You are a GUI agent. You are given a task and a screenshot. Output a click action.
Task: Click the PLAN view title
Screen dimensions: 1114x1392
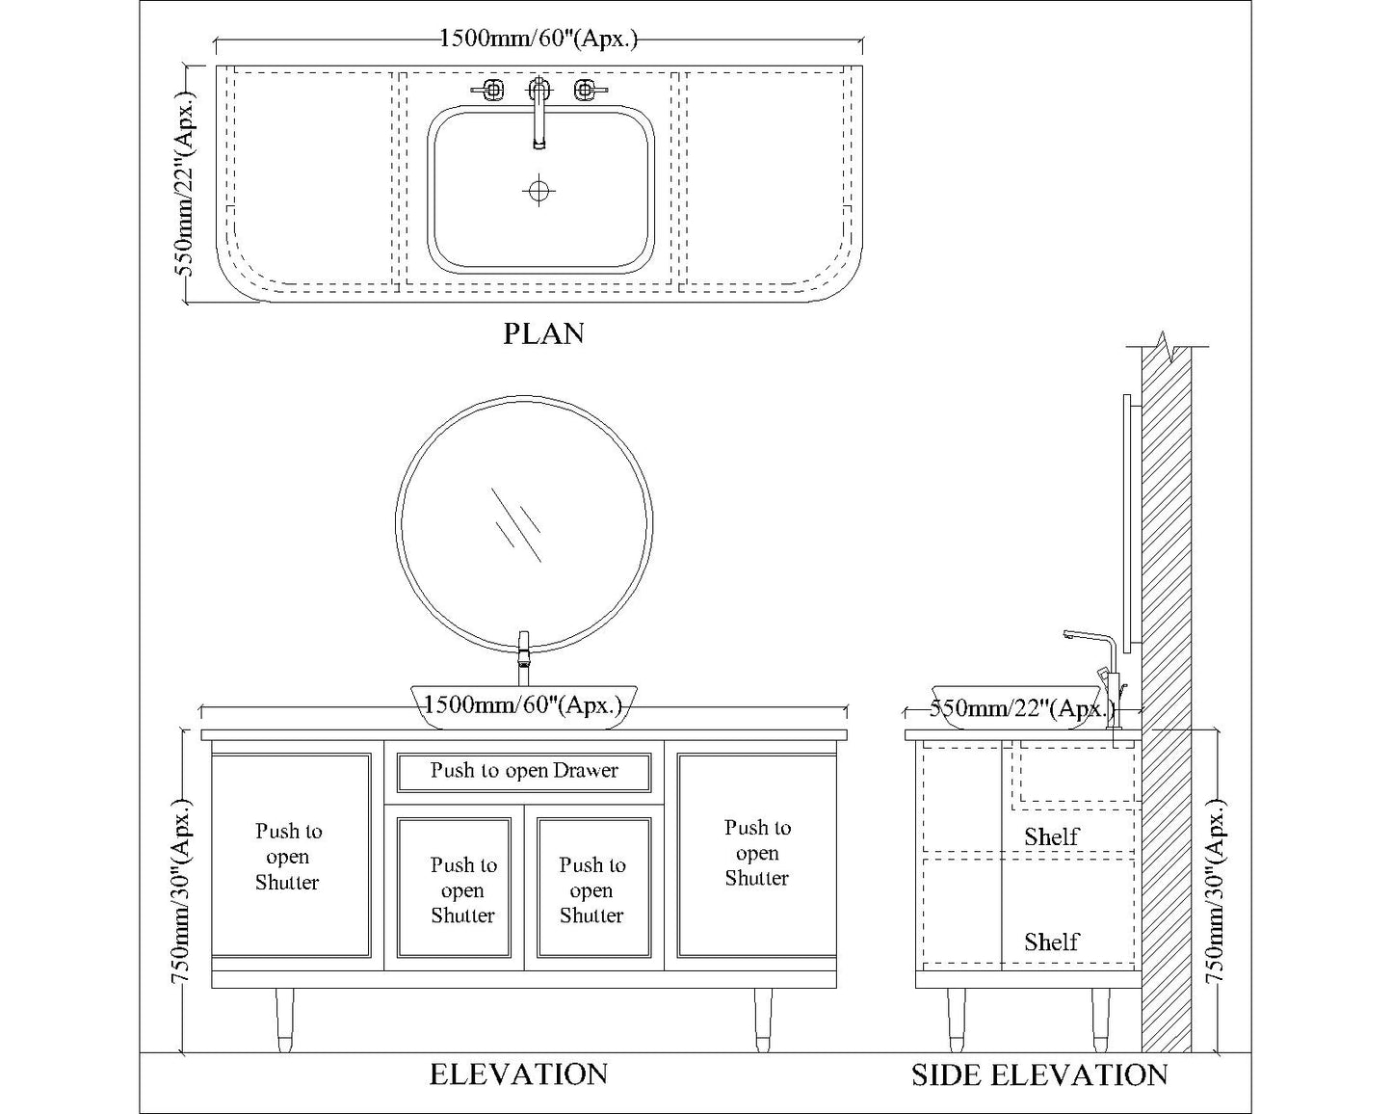(x=543, y=333)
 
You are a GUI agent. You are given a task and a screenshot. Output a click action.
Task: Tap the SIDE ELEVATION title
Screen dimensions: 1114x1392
(x=1039, y=1074)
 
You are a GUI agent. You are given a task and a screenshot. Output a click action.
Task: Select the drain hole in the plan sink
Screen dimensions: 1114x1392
(x=538, y=190)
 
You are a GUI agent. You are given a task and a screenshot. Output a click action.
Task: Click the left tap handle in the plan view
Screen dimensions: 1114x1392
(x=491, y=91)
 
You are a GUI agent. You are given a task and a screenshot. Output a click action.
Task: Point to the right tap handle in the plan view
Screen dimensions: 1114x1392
(x=586, y=91)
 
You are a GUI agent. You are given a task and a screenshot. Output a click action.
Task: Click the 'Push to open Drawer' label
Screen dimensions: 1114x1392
(x=524, y=771)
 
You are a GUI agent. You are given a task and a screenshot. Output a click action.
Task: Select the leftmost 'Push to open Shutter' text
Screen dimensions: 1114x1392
(x=287, y=857)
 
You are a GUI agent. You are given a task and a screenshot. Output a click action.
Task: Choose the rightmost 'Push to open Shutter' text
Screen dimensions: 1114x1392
(x=757, y=853)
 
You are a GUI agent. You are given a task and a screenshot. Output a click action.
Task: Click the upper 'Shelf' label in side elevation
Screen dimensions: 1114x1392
(x=1051, y=836)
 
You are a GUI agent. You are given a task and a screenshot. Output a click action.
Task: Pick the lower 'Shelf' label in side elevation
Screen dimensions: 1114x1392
(x=1051, y=942)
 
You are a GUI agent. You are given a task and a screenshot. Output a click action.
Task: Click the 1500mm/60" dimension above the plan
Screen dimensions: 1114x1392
(x=538, y=40)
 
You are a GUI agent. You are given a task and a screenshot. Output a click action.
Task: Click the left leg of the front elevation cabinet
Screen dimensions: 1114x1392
(x=284, y=1019)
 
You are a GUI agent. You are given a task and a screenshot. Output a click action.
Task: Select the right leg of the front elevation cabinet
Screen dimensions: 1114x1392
(x=762, y=1019)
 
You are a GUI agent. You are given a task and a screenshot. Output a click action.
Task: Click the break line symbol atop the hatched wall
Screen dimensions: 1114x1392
(x=1167, y=346)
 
